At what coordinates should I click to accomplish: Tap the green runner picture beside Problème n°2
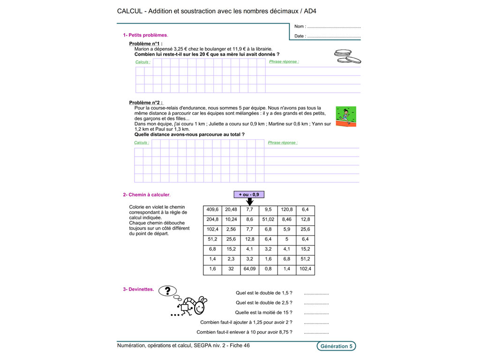pos(345,116)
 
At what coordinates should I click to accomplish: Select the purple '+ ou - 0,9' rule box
pos(249,194)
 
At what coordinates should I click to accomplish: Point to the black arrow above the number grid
pos(249,202)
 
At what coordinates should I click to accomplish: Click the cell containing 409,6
pos(212,210)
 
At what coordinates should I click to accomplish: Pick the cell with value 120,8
pos(286,210)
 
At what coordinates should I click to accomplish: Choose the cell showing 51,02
pos(268,219)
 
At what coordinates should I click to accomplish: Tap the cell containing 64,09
pos(249,270)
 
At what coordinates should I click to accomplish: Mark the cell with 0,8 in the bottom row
pos(268,270)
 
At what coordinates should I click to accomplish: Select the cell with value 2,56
pos(231,230)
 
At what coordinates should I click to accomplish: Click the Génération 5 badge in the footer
pos(336,346)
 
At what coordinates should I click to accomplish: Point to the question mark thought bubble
pos(167,291)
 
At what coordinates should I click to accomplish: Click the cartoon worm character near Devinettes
pos(192,306)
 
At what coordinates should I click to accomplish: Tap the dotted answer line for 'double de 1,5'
pos(316,293)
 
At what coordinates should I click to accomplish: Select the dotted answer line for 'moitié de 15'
pos(316,313)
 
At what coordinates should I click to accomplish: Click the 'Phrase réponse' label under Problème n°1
pos(284,62)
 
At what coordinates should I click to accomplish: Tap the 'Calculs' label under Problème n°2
pos(142,142)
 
